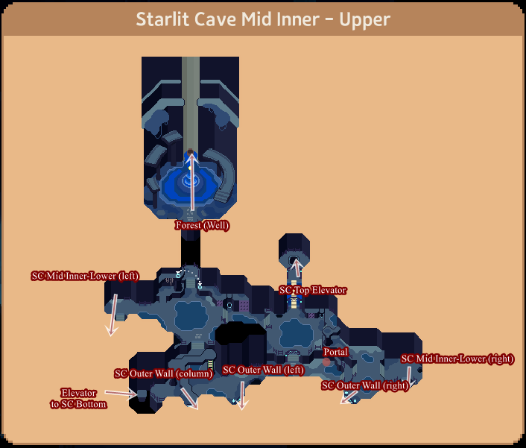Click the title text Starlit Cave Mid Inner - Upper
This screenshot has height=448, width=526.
click(x=262, y=19)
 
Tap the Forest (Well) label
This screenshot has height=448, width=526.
click(x=202, y=225)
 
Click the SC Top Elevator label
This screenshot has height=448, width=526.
click(x=313, y=290)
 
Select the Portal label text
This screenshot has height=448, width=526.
click(x=335, y=351)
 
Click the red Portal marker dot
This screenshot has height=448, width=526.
click(x=326, y=362)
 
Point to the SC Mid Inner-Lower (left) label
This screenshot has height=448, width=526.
click(x=85, y=276)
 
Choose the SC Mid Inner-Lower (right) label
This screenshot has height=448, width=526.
click(x=457, y=359)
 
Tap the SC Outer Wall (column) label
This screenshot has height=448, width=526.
click(x=164, y=373)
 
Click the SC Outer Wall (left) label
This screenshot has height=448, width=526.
click(x=263, y=370)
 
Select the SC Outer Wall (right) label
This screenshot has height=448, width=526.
click(x=365, y=385)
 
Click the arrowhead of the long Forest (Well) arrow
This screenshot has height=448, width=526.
click(x=191, y=155)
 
